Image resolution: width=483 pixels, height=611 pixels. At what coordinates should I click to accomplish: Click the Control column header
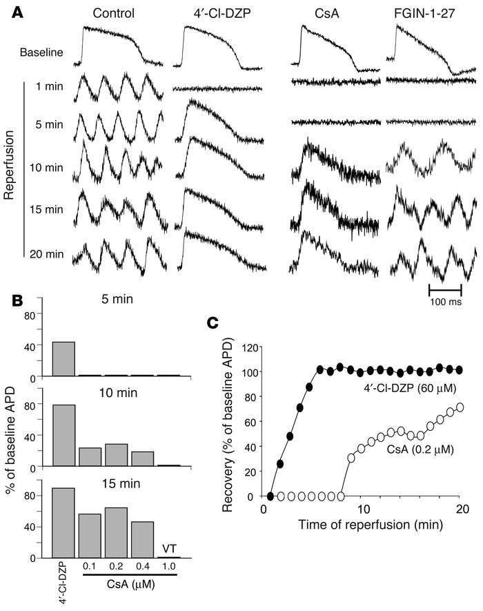coord(115,12)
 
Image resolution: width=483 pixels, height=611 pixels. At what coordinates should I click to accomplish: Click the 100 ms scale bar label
coord(445,301)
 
